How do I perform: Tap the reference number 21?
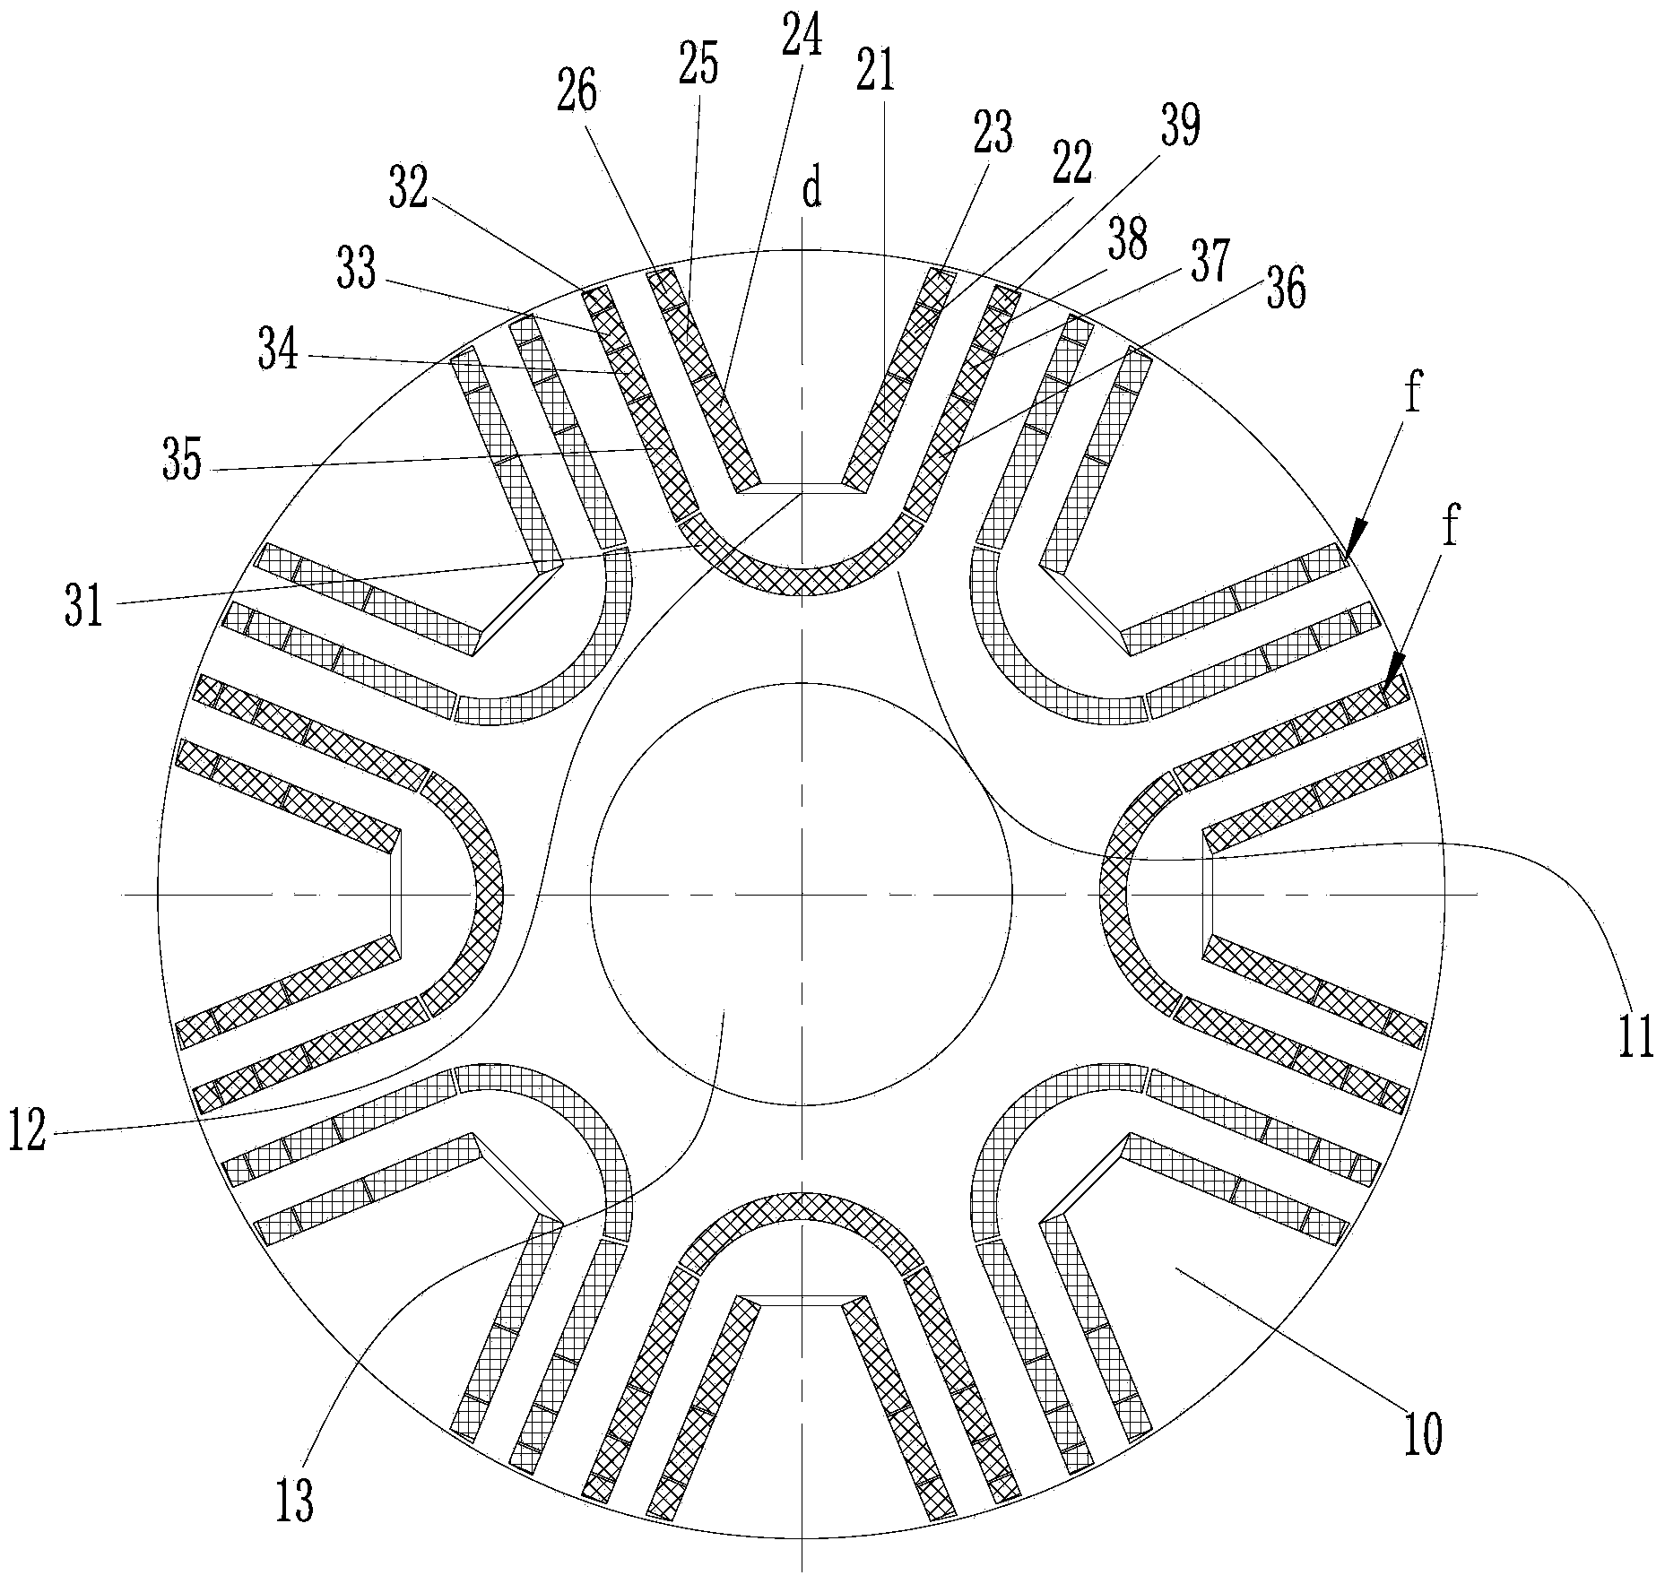pyautogui.click(x=875, y=71)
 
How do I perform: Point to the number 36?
pyautogui.click(x=1286, y=289)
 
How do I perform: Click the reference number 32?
pyautogui.click(x=408, y=188)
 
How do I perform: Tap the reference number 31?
pyautogui.click(x=85, y=608)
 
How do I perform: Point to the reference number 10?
pyautogui.click(x=1422, y=1433)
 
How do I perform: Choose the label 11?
pyautogui.click(x=1635, y=1039)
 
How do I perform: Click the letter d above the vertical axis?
pyautogui.click(x=811, y=190)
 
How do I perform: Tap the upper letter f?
pyautogui.click(x=1413, y=395)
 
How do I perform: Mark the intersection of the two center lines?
pyautogui.click(x=802, y=894)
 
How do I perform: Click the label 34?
pyautogui.click(x=278, y=351)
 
